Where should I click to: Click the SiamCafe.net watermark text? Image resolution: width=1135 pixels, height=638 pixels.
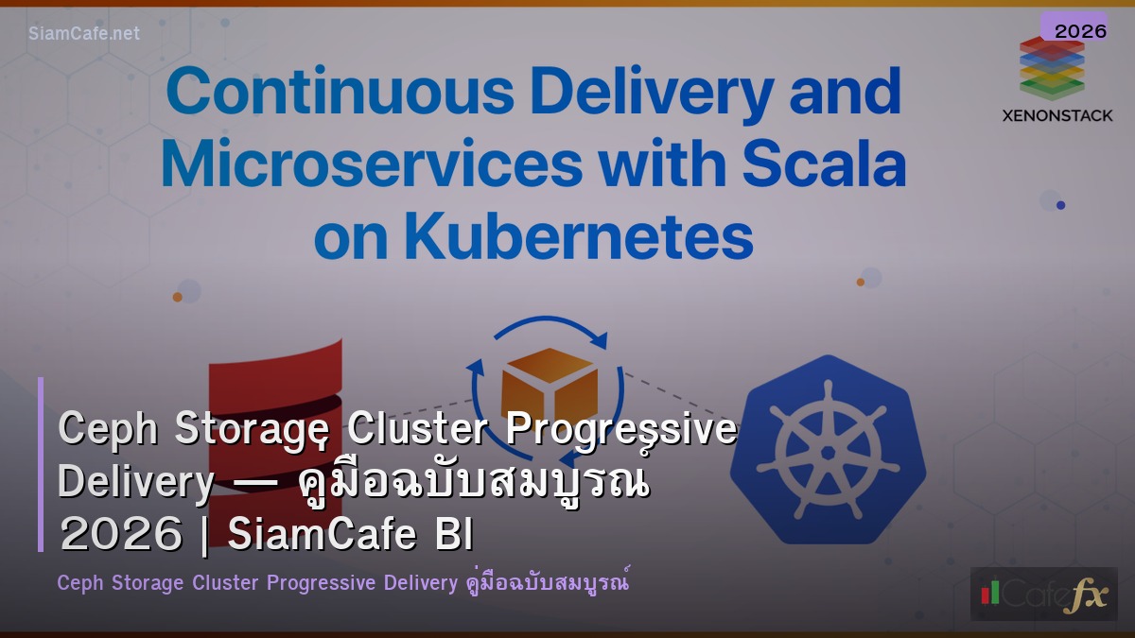(x=83, y=33)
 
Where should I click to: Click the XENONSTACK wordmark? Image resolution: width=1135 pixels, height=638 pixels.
(x=1057, y=115)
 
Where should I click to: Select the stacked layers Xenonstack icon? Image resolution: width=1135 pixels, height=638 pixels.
(x=1052, y=68)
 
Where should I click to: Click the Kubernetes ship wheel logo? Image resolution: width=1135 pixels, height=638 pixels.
(x=828, y=449)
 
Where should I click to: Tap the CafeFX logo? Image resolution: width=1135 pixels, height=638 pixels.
(x=1043, y=594)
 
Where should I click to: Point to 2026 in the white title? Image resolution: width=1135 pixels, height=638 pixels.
(x=120, y=535)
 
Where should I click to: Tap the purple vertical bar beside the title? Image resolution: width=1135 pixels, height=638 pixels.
(x=41, y=464)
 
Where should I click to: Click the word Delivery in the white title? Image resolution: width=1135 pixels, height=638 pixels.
(x=135, y=482)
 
